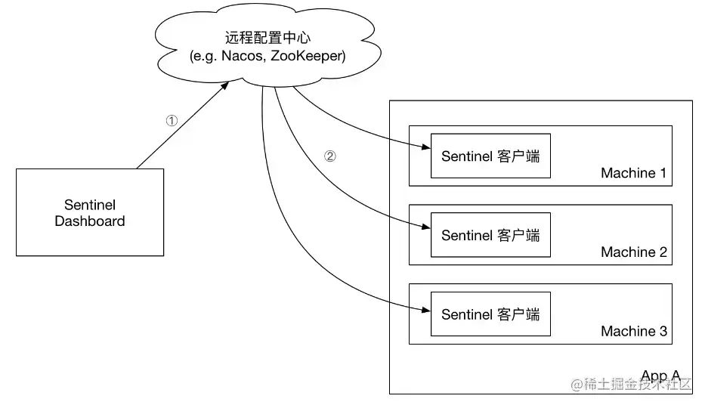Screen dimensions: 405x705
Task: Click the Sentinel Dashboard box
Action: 90,212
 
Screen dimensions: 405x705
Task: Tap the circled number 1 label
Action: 172,120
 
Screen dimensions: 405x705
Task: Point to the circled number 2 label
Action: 329,157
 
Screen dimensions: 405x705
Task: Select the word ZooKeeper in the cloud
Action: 311,55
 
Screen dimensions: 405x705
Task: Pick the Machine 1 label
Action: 633,173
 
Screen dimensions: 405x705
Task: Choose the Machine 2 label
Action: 633,252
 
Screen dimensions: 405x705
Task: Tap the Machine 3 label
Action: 633,331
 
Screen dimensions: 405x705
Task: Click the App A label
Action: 660,376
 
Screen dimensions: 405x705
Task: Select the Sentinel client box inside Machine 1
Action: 490,156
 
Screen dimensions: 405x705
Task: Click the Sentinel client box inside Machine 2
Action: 490,235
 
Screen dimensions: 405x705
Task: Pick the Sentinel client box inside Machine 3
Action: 490,314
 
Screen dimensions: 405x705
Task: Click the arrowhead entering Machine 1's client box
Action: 426,148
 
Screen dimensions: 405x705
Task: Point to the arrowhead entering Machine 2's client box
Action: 426,227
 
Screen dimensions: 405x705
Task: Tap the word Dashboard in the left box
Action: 90,221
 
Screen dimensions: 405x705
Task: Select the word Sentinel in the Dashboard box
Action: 90,205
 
